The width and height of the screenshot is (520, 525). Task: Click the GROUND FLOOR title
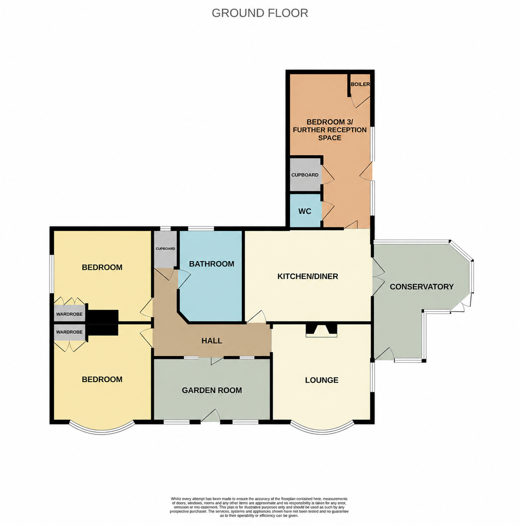259,13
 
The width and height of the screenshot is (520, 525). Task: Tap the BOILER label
360,84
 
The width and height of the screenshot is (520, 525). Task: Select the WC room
305,210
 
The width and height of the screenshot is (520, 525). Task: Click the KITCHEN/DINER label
308,276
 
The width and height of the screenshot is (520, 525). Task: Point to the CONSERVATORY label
421,287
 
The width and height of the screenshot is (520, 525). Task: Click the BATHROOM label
212,264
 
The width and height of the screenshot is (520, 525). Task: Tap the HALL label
212,340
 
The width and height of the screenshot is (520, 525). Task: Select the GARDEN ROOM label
212,390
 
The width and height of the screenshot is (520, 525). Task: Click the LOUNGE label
322,380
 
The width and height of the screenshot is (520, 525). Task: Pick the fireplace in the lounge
321,330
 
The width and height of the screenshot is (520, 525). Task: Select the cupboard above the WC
305,175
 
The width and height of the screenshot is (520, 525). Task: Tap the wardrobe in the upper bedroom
70,313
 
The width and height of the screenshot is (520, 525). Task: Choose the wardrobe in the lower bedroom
70,332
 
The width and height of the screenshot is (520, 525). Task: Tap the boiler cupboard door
360,101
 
